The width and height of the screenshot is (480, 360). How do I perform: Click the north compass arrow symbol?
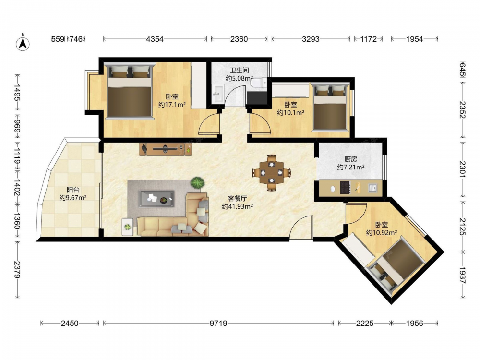[x=23, y=43]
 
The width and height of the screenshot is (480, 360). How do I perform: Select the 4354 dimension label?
[x=155, y=39]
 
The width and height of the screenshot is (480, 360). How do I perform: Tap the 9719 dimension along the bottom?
[x=218, y=323]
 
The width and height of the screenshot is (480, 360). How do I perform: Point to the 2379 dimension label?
[x=17, y=270]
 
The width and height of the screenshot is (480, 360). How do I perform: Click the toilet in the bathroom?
[x=258, y=83]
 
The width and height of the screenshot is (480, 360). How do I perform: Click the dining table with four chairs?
[x=272, y=173]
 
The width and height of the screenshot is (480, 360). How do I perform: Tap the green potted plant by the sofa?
[x=197, y=183]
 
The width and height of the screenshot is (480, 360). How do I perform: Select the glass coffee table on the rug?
[x=156, y=199]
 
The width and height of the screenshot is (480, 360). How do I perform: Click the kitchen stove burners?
[x=345, y=187]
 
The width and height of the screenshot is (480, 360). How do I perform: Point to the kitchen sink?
[x=372, y=188]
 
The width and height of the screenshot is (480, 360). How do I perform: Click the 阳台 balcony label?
[x=73, y=190]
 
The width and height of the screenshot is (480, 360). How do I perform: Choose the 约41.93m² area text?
[x=237, y=206]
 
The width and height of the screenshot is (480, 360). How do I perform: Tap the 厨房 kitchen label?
[x=351, y=159]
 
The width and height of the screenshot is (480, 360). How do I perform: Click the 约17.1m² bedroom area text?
[x=172, y=105]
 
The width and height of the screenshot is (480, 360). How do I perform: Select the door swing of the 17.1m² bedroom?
[x=209, y=122]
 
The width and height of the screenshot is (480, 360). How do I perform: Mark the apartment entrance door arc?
[x=301, y=227]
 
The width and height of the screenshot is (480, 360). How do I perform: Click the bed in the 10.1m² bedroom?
[x=330, y=107]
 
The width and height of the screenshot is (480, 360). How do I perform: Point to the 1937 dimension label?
[x=463, y=276]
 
